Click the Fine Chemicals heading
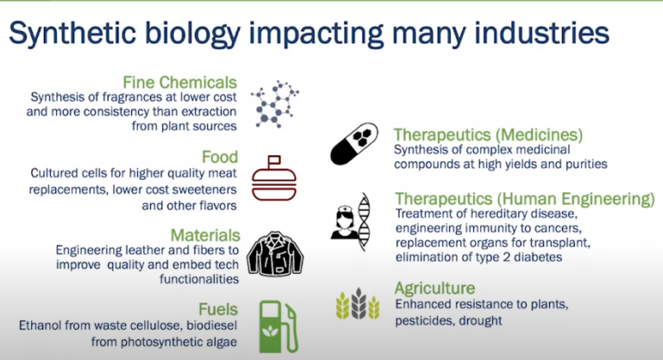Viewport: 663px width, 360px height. tap(180, 83)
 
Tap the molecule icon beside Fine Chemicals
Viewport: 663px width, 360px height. tap(275, 105)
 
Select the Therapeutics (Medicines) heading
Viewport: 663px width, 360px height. tap(488, 135)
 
